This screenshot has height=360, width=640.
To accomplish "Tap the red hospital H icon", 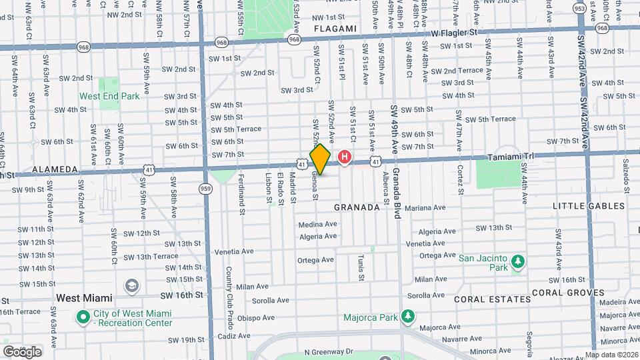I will (345, 158).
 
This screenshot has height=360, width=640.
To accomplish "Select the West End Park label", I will (110, 96).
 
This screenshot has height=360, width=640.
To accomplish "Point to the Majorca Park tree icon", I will (407, 316).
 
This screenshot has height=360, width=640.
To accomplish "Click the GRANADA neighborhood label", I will (357, 207).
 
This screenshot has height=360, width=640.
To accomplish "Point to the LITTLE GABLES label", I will (587, 206).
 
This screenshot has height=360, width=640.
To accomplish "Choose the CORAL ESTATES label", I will (493, 299).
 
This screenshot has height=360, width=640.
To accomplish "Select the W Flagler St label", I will (455, 31).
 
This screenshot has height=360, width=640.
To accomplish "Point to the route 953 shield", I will (580, 9).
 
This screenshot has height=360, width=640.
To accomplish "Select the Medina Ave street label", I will (318, 225).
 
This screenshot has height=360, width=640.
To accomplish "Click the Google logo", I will (22, 351).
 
